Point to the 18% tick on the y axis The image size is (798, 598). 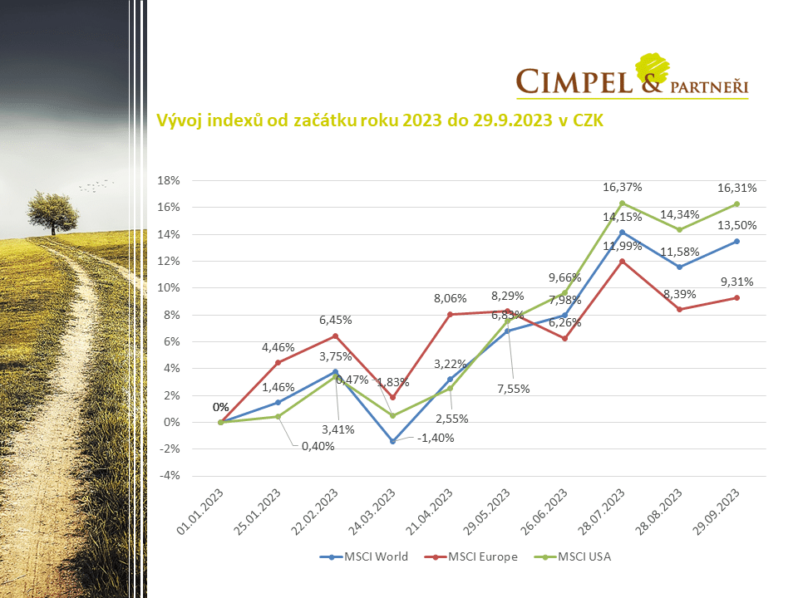click(169, 180)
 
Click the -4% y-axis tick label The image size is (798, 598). click(169, 476)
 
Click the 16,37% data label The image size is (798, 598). click(623, 187)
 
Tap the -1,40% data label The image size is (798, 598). click(434, 438)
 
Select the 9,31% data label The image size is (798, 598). click(737, 281)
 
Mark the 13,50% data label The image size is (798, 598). click(737, 225)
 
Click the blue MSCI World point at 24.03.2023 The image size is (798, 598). click(392, 441)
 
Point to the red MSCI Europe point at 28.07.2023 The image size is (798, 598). click(622, 261)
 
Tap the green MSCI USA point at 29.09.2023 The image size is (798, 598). click(736, 203)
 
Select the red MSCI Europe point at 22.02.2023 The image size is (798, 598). click(335, 336)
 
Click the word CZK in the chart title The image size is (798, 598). click(586, 120)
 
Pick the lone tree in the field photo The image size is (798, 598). click(53, 212)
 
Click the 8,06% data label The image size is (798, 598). click(450, 299)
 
